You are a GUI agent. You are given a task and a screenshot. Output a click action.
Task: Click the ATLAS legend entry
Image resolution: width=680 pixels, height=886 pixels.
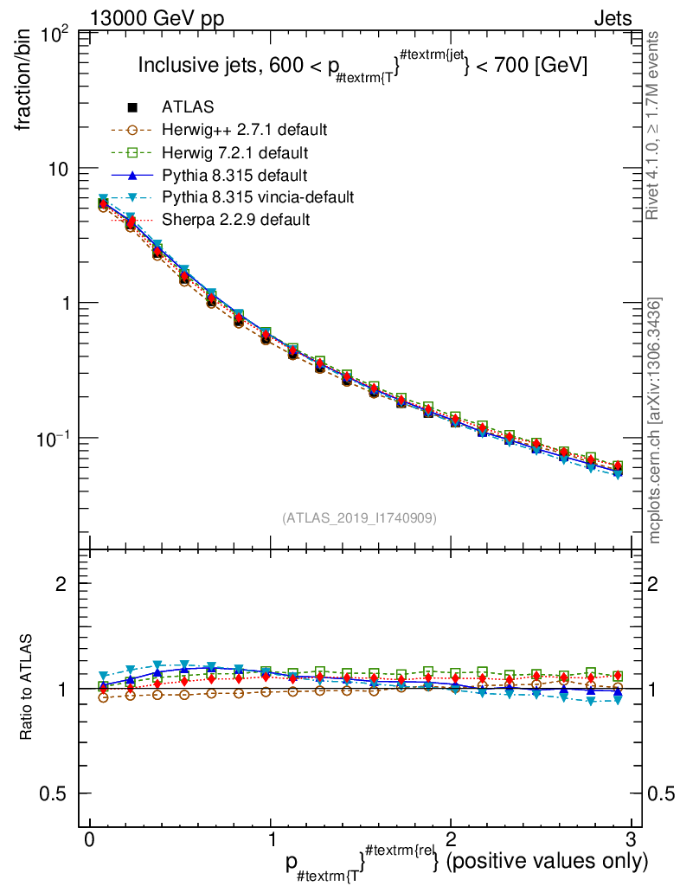187,107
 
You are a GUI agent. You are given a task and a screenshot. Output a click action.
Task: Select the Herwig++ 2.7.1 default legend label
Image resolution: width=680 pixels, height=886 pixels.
244,130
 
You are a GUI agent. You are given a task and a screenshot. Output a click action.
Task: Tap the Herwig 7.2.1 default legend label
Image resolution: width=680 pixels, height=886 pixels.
235,152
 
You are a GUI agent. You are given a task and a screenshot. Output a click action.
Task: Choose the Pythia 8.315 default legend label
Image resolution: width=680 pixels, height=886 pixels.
234,175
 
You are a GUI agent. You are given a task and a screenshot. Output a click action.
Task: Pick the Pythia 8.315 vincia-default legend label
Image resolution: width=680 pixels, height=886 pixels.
258,197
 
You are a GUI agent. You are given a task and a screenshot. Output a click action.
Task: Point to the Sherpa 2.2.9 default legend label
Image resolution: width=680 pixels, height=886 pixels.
235,220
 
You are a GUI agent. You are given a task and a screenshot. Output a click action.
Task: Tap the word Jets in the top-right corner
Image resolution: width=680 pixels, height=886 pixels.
613,17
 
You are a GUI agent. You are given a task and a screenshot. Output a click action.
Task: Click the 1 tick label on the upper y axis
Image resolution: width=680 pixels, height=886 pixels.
65,303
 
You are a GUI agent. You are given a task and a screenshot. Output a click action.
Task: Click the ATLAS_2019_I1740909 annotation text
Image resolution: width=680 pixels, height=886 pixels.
359,518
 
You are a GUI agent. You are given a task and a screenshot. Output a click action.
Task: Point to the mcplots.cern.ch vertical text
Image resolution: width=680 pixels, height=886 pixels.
656,421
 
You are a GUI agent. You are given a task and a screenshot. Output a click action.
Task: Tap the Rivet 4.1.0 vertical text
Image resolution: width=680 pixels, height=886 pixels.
656,125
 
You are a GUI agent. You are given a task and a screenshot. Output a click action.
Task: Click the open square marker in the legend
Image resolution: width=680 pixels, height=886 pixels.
132,152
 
